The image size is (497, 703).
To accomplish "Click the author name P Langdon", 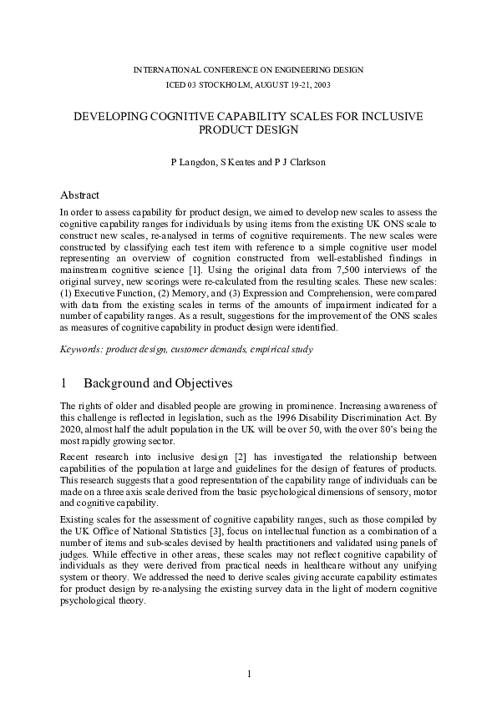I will point(189,161).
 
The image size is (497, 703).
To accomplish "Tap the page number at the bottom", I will point(248,675).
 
